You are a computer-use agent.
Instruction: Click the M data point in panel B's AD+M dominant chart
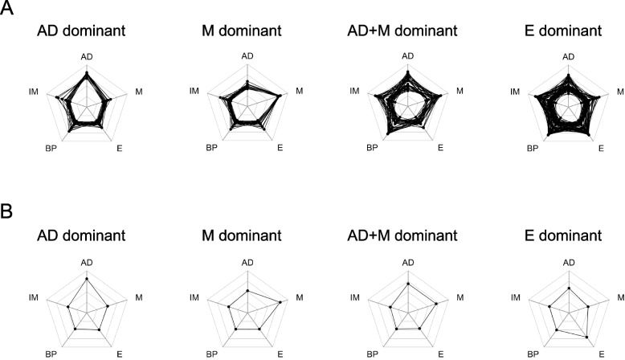(435, 303)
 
